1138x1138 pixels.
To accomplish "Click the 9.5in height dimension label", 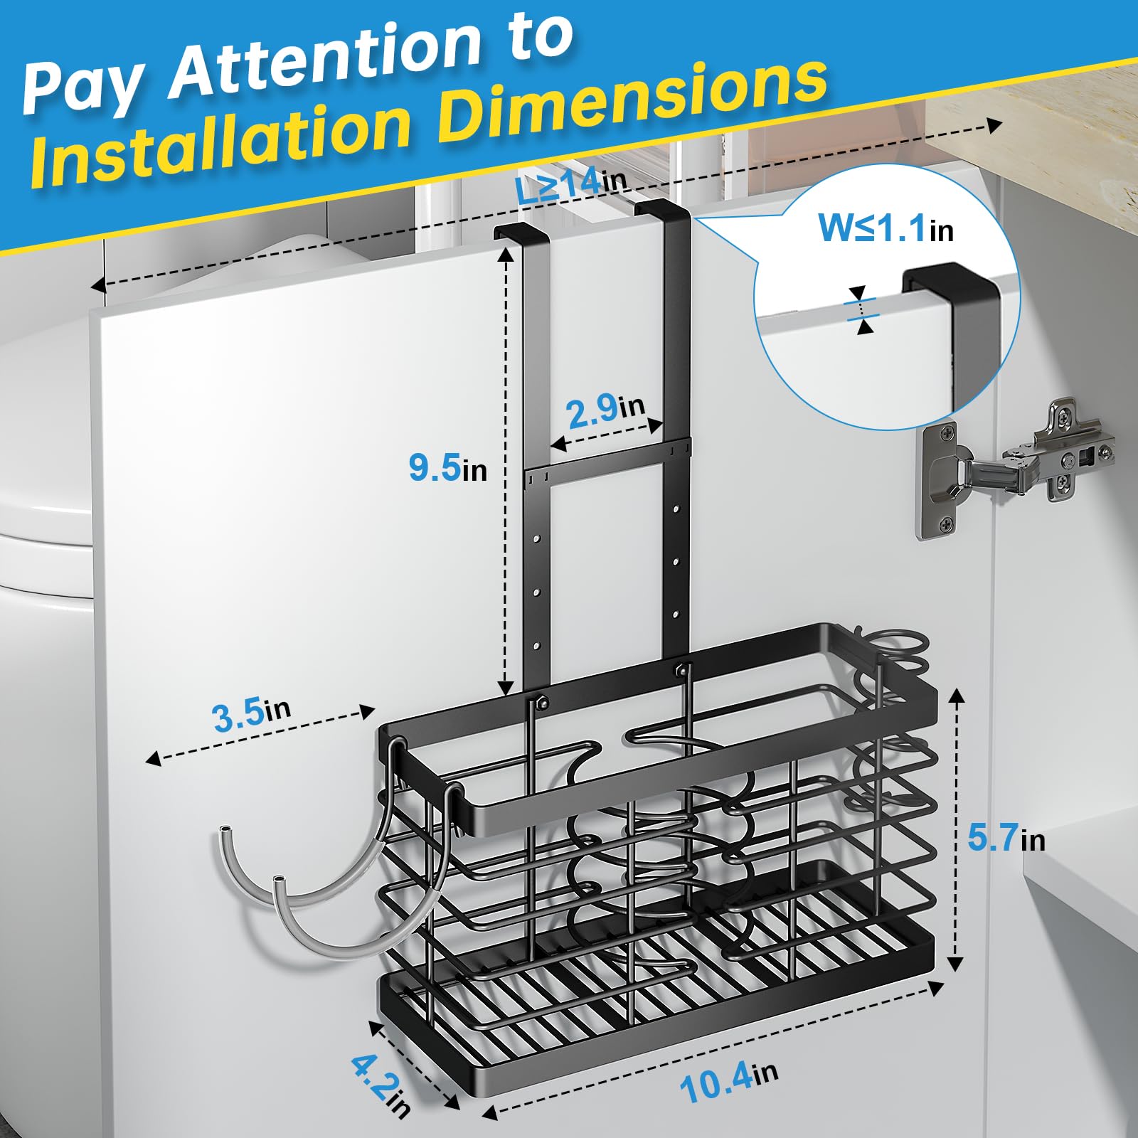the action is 447,469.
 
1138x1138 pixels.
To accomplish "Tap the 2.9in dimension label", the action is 606,410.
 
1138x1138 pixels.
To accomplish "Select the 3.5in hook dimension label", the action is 252,713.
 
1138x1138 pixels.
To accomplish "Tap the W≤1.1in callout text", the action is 886,228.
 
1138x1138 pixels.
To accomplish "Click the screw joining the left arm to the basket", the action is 542,703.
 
